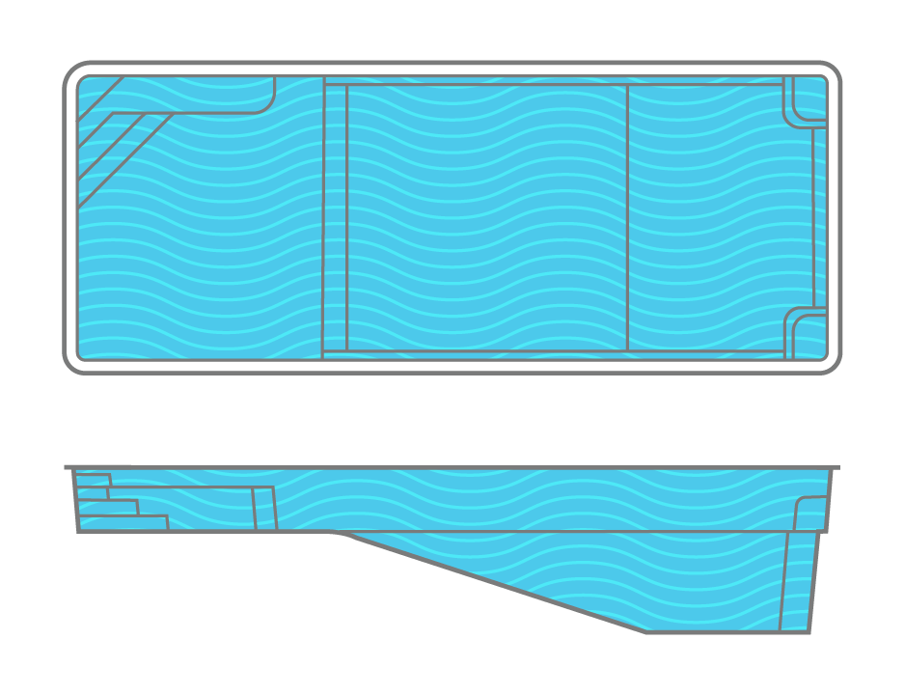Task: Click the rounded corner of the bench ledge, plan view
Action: coord(267,105)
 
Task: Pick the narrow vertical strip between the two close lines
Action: coord(335,217)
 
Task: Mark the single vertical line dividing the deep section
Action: coord(628,217)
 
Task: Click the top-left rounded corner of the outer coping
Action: coord(73,72)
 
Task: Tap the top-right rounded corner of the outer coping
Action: coord(831,72)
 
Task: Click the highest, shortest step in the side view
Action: coord(94,480)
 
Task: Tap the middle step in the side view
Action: coord(108,506)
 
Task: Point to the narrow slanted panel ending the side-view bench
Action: coord(263,509)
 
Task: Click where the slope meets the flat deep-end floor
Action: coord(646,632)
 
